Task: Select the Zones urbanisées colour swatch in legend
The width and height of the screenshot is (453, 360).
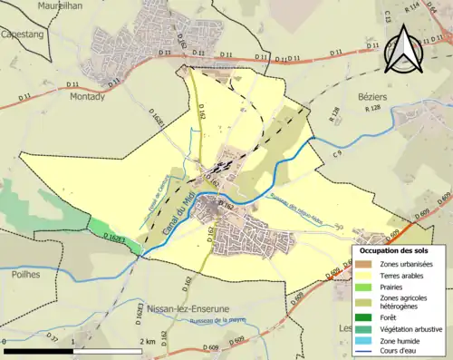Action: click(364, 263)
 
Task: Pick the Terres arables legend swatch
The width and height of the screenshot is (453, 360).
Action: click(364, 275)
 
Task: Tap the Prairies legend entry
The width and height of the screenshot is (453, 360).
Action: click(364, 287)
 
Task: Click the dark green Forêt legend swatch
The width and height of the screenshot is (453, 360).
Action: click(364, 316)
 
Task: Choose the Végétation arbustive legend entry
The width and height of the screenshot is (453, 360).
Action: click(364, 328)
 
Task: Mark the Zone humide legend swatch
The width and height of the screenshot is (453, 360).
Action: click(364, 340)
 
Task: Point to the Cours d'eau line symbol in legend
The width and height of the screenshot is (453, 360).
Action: click(364, 352)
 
